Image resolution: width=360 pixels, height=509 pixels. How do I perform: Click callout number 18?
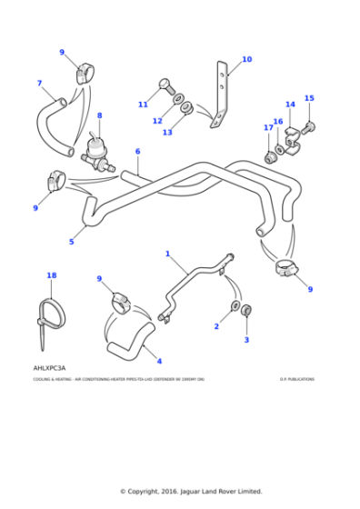tap(51, 274)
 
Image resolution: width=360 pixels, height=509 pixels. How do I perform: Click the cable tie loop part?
tap(54, 313)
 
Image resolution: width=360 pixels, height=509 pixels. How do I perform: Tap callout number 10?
tap(246, 60)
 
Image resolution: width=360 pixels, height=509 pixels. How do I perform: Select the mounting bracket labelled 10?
tap(221, 96)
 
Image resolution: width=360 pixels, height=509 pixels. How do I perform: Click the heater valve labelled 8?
tap(95, 151)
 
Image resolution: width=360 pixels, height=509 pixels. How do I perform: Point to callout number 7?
tap(39, 84)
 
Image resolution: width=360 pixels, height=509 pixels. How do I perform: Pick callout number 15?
tap(308, 98)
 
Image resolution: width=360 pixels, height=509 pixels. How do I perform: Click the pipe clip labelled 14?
tap(290, 137)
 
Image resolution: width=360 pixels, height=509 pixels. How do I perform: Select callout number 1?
tap(167, 254)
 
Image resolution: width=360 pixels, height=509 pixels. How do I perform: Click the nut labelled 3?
tap(246, 312)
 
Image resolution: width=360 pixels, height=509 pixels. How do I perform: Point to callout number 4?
tap(159, 361)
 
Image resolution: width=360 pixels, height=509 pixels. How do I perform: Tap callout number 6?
tap(137, 152)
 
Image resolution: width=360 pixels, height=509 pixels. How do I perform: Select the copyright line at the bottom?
tap(191, 492)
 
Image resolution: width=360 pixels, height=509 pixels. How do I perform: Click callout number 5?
tap(71, 242)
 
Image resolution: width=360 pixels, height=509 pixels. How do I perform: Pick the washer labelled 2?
tap(235, 304)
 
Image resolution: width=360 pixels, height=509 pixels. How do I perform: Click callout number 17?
tap(268, 128)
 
